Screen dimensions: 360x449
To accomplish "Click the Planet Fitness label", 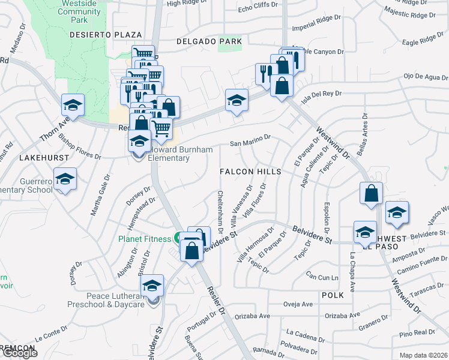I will pyautogui.click(x=145, y=239).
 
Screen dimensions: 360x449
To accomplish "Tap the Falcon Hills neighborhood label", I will pyautogui.click(x=250, y=172).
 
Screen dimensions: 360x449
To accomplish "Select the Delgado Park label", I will pyautogui.click(x=209, y=41).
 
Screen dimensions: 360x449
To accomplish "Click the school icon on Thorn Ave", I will pyautogui.click(x=73, y=106).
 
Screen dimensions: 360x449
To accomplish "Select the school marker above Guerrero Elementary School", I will pyautogui.click(x=65, y=179).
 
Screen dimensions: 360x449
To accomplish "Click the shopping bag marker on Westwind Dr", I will pyautogui.click(x=372, y=194).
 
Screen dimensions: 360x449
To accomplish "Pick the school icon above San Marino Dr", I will pyautogui.click(x=237, y=100).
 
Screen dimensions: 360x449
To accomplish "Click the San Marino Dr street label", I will pyautogui.click(x=251, y=144).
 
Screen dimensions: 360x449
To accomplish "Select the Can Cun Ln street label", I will pyautogui.click(x=322, y=277).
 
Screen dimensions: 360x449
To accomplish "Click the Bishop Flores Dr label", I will pyautogui.click(x=79, y=146).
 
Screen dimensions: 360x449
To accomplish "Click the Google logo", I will pyautogui.click(x=20, y=353).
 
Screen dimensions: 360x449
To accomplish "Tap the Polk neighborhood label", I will pyautogui.click(x=332, y=295).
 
